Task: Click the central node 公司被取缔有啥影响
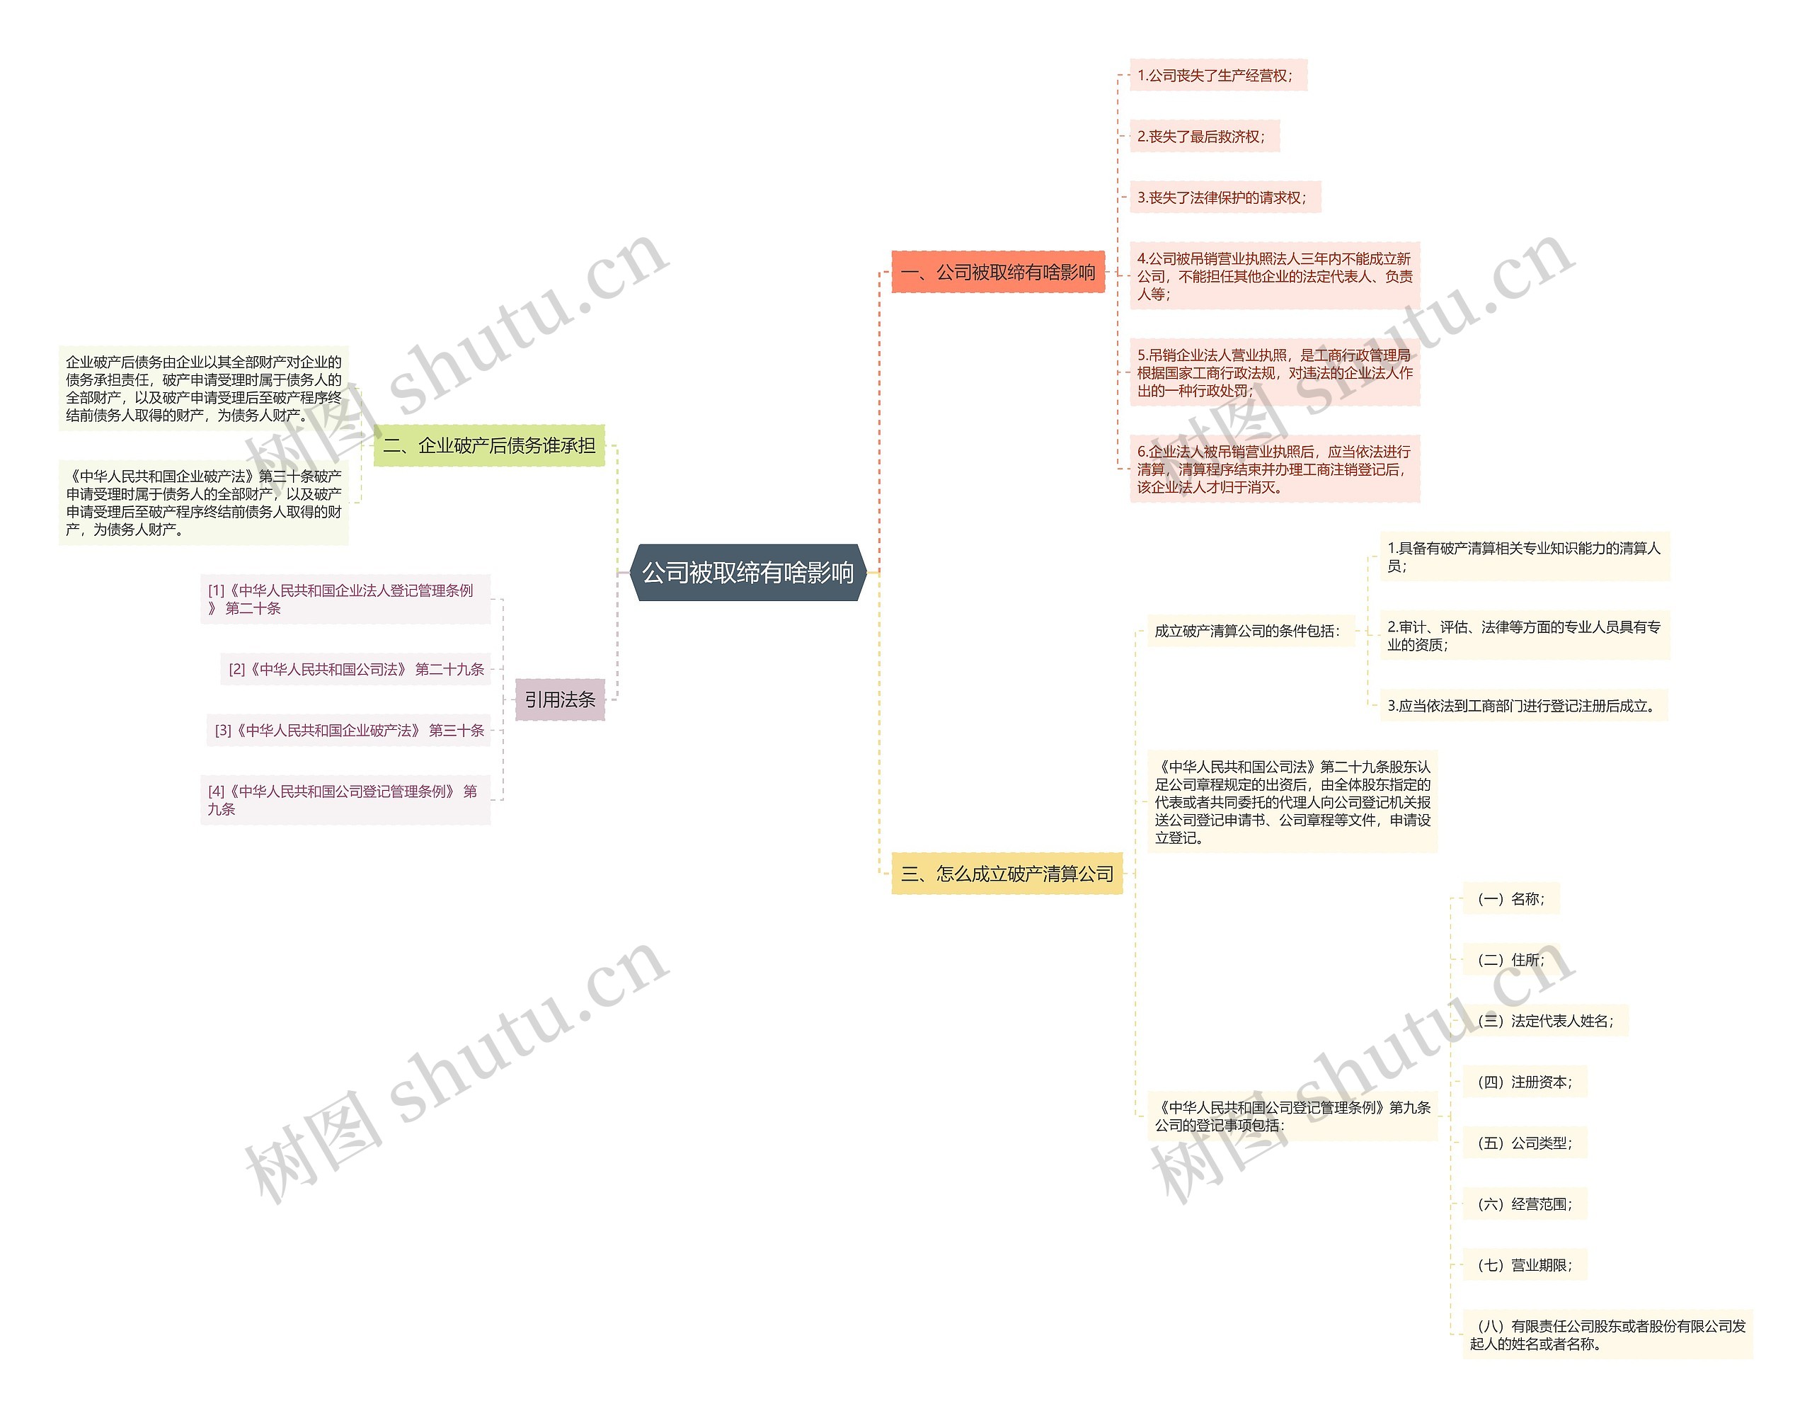coord(748,573)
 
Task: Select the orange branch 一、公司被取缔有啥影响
coord(998,273)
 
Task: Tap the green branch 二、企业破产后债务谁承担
coord(489,446)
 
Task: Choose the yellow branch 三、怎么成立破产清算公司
coord(1007,874)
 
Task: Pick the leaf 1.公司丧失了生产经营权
coord(1217,76)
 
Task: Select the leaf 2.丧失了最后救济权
coord(1203,137)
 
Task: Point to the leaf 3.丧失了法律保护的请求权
coord(1224,198)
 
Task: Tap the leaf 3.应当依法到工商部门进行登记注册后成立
coord(1523,706)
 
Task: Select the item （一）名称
coord(1510,899)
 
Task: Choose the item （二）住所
coord(1510,960)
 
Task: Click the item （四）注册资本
coord(1524,1082)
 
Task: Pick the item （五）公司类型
coord(1524,1143)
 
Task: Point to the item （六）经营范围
coord(1524,1203)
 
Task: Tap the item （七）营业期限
coord(1524,1265)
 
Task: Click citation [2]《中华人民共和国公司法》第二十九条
coord(356,669)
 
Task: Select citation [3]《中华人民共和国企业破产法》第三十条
coord(350,731)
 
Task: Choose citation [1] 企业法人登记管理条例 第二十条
coord(345,599)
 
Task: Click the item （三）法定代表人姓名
coord(1544,1021)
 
